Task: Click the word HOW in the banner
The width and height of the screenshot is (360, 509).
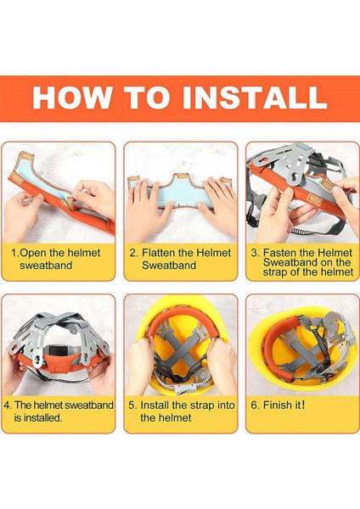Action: (72, 98)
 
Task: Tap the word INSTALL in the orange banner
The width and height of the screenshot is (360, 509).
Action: (255, 98)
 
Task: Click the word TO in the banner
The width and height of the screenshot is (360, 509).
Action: (147, 98)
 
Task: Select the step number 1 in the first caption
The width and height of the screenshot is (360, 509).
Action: (14, 253)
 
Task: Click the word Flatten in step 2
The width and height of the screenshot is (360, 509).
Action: (158, 253)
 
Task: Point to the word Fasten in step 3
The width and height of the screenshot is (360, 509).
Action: (279, 253)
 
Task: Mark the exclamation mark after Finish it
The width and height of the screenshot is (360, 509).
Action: (303, 406)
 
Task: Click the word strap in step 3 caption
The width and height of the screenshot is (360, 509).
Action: (275, 272)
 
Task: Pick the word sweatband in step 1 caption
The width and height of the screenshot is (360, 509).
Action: (46, 266)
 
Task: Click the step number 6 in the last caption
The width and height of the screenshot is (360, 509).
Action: (255, 406)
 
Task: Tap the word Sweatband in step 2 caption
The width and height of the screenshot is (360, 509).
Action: (169, 266)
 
